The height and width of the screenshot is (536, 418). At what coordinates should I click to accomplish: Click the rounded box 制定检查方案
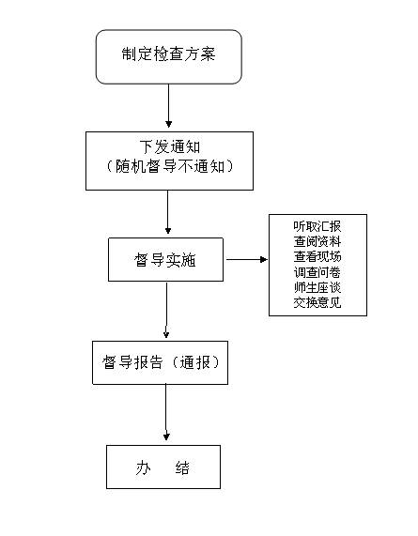coord(169,56)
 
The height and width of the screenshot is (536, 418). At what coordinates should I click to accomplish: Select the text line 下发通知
coord(170,147)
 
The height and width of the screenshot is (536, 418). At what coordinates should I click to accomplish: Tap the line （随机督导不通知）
coord(170,166)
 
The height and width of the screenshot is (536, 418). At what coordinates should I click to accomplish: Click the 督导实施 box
coord(166,260)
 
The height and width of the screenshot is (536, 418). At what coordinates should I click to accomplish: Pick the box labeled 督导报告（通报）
coord(160,362)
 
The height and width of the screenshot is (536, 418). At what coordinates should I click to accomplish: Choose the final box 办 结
coord(163,467)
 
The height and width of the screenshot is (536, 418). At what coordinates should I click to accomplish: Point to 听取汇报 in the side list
coord(317,226)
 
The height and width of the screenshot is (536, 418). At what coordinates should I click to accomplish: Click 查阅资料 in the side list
coord(317,241)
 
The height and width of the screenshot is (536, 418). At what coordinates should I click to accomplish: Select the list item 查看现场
coord(317,256)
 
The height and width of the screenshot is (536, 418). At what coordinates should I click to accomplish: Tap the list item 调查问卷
coord(317,272)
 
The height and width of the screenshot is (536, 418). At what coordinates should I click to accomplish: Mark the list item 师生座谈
coord(317,287)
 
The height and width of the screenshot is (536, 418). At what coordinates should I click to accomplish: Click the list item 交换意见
coord(317,302)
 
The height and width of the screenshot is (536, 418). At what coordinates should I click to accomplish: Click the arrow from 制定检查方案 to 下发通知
coord(168,106)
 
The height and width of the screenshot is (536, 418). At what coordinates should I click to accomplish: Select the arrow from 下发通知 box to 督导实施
coord(167,212)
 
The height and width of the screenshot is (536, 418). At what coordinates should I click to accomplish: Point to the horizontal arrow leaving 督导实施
coord(247,259)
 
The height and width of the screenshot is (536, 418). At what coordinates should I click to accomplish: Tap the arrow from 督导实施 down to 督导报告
coord(166,310)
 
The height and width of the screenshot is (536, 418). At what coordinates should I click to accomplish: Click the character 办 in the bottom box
coord(144,468)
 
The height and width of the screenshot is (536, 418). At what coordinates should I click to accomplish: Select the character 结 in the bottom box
coord(182,468)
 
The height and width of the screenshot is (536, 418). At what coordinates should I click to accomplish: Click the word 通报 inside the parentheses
coord(195,362)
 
